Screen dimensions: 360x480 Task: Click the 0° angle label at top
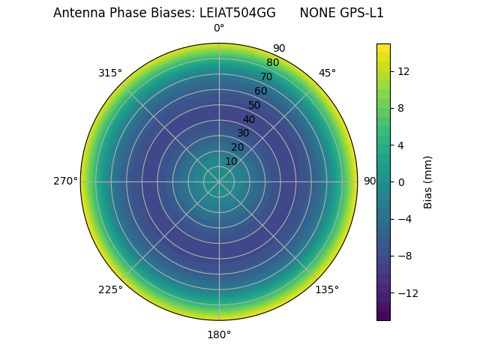click(x=219, y=28)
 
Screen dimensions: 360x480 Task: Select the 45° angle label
click(x=327, y=73)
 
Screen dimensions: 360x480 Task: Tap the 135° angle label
click(x=327, y=289)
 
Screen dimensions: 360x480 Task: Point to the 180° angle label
click(x=219, y=334)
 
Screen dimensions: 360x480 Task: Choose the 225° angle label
click(x=110, y=289)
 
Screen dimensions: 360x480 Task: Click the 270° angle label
click(x=65, y=181)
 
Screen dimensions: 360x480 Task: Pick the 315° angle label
click(x=110, y=73)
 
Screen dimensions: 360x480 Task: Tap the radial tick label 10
click(x=231, y=161)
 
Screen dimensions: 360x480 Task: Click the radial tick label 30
click(x=243, y=133)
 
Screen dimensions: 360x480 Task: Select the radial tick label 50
click(x=255, y=105)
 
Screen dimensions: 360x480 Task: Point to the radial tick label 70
click(x=266, y=76)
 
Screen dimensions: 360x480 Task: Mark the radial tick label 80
click(x=272, y=63)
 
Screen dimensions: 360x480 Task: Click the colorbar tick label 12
click(x=403, y=70)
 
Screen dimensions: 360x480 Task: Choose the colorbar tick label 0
click(x=401, y=181)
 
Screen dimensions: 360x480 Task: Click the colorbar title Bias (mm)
click(x=428, y=181)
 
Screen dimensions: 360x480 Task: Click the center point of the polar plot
click(x=219, y=181)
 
